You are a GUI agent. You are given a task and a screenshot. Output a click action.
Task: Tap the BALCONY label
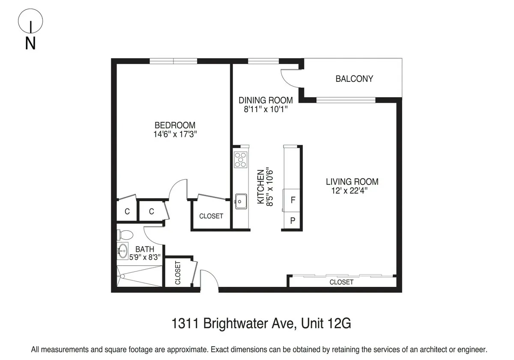tap(354, 79)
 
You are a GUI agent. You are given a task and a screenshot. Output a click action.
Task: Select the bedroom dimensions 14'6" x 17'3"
tap(175, 134)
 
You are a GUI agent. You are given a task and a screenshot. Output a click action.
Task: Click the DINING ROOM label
tap(266, 100)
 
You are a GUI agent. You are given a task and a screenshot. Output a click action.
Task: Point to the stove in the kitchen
tap(241, 159)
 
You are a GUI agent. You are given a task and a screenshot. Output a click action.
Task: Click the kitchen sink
tap(240, 201)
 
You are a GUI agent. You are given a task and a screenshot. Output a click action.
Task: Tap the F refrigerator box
tap(293, 200)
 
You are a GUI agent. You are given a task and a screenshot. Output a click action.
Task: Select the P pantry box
tap(293, 221)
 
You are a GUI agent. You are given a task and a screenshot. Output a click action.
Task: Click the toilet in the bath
tap(125, 235)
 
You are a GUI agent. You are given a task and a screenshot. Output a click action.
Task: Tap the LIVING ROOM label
tap(352, 182)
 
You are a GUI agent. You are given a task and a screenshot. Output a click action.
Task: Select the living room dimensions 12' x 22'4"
tap(350, 191)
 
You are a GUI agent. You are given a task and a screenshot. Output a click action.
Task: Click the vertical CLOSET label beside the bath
tap(177, 273)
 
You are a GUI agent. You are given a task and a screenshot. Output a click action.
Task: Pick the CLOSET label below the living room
tap(341, 282)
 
